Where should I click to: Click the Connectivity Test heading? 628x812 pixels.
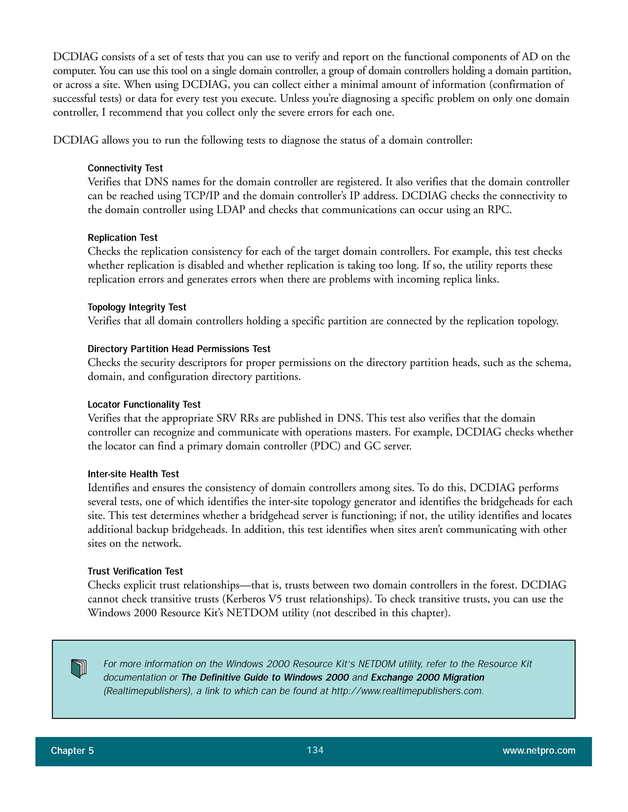[x=125, y=168]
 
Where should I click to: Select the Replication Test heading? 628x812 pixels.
[x=122, y=237]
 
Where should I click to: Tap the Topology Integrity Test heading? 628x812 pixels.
[x=137, y=307]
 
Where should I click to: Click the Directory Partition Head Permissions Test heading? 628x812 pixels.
[x=179, y=349]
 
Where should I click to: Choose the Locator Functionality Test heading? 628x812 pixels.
[x=144, y=404]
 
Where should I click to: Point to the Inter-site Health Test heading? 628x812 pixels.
[x=133, y=474]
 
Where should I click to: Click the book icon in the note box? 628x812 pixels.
[x=78, y=669]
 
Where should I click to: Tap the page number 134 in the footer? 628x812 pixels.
[x=315, y=750]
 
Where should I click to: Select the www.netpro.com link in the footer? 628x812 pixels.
[x=539, y=751]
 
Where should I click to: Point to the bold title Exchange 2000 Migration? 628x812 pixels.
[x=427, y=677]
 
